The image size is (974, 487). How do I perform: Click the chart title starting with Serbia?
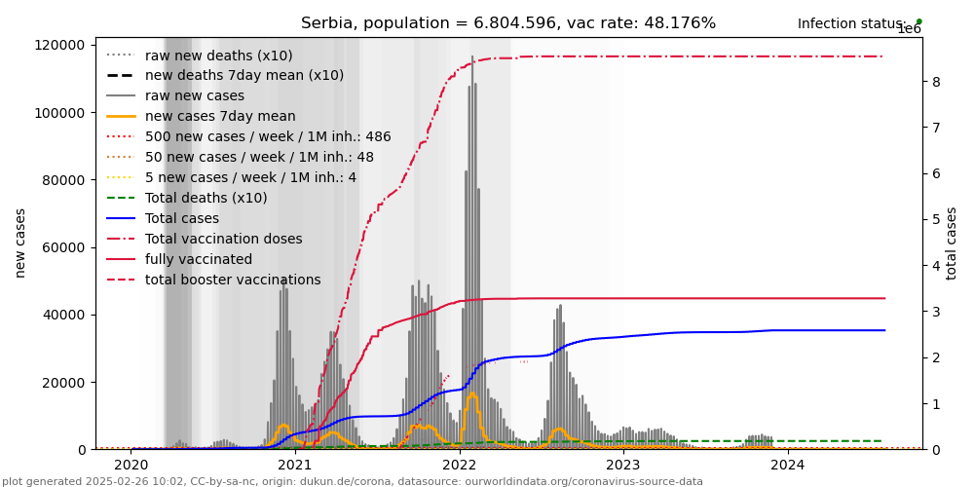[x=507, y=23]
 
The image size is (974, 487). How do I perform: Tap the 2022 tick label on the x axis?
[x=460, y=465]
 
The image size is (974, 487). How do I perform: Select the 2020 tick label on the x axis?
[x=131, y=465]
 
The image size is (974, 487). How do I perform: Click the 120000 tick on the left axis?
[x=58, y=45]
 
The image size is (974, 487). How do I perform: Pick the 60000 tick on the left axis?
[x=61, y=247]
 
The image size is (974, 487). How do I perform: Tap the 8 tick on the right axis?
[x=935, y=82]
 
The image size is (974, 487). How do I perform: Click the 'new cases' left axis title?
[x=20, y=243]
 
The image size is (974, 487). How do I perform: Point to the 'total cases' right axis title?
[x=952, y=243]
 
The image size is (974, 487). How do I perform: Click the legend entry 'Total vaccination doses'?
[x=223, y=239]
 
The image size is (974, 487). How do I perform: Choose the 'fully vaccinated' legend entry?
[x=198, y=259]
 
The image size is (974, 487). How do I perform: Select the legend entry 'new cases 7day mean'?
[x=206, y=116]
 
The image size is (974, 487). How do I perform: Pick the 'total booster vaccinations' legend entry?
[x=232, y=280]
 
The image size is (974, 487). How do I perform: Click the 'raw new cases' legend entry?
[x=194, y=95]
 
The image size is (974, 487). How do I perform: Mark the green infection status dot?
[x=918, y=21]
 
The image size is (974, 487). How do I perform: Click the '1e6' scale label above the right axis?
[x=909, y=30]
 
